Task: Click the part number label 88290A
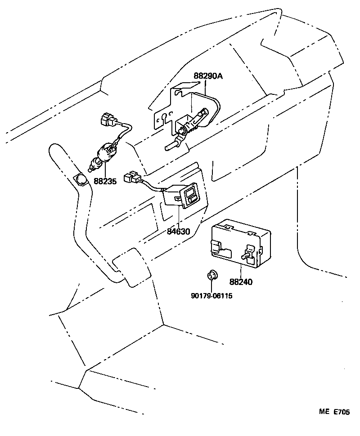click(208, 76)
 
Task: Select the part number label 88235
click(105, 181)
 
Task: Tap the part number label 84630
click(179, 232)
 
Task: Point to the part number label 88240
click(241, 282)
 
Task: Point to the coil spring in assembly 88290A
click(194, 127)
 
